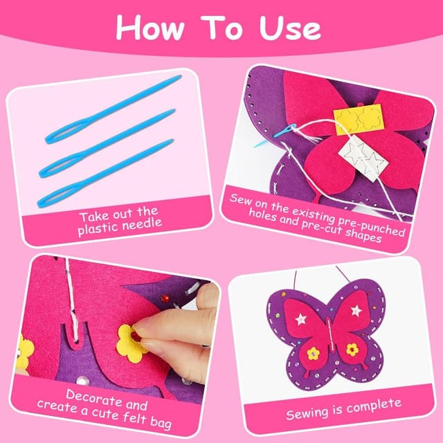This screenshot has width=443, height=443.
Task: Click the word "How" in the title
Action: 150,28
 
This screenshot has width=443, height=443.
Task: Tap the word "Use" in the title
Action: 290,28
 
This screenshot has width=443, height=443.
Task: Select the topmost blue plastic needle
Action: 113,109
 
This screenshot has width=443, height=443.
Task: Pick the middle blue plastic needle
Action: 107,143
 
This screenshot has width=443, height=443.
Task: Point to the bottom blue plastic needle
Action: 105,173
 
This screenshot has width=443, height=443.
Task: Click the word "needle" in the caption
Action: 142,224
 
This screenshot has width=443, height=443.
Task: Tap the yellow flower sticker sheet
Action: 359,119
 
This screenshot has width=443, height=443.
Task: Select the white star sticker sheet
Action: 362,158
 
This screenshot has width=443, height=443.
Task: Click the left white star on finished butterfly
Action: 301,319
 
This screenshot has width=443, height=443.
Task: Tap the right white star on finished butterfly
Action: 356,311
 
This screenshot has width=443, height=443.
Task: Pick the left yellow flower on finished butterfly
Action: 313,354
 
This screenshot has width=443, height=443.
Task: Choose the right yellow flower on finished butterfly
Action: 352,350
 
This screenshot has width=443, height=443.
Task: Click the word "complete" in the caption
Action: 374,406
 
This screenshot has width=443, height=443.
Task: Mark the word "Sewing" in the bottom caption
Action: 307,414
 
